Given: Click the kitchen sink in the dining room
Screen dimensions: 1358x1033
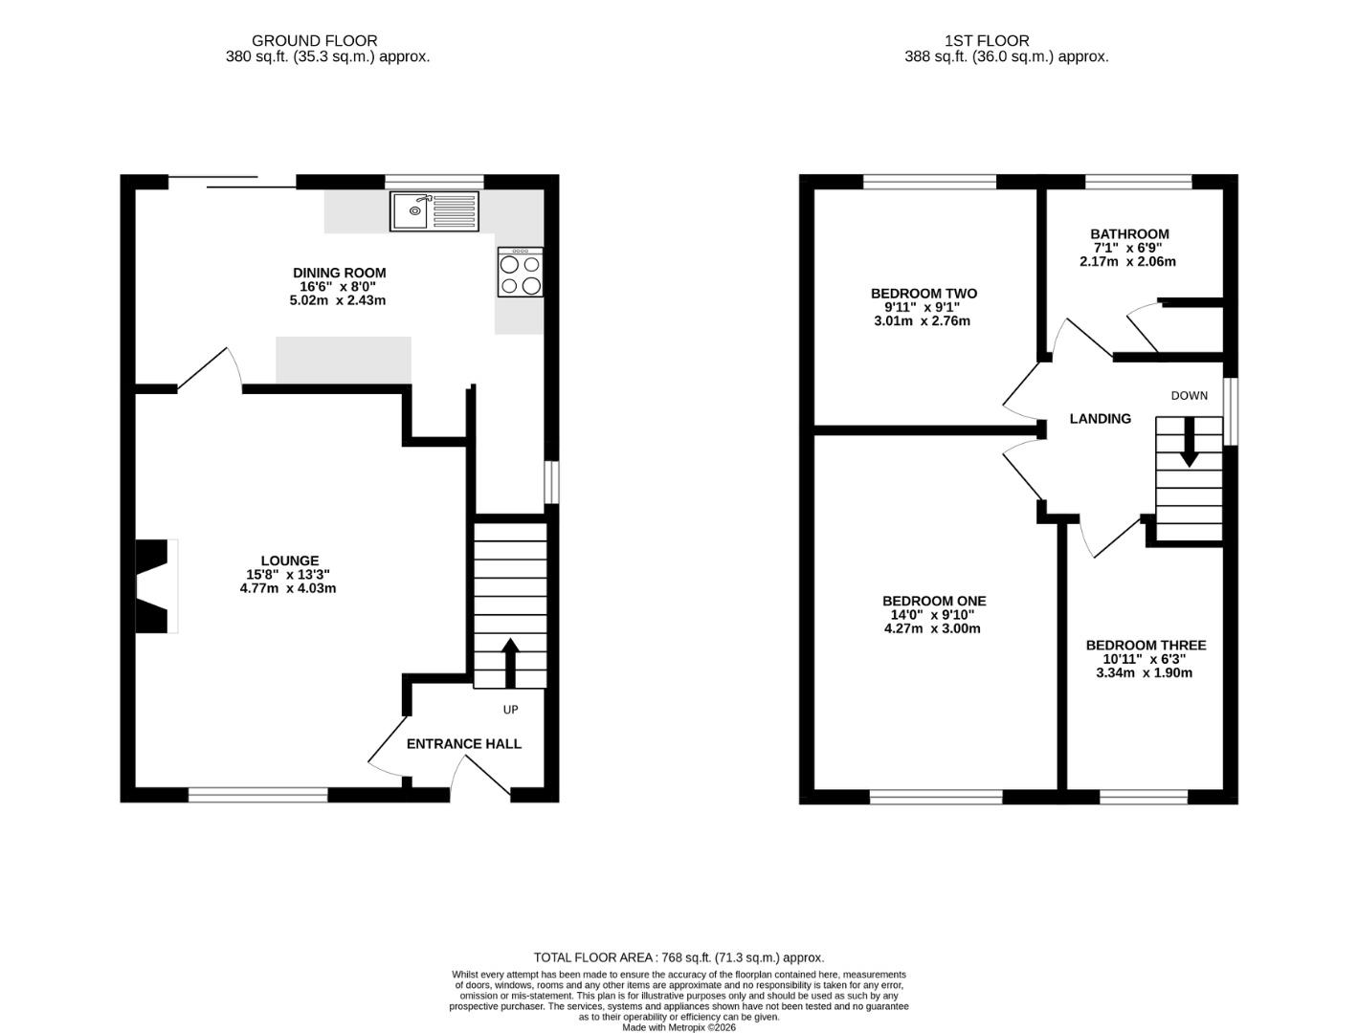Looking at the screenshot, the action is click(434, 211).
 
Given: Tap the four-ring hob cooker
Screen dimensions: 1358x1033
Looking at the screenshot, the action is click(521, 272).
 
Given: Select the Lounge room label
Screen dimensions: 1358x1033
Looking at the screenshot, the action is click(289, 560).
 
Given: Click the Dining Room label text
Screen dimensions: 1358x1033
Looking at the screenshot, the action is click(339, 273).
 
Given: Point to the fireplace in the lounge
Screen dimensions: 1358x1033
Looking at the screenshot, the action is click(155, 586).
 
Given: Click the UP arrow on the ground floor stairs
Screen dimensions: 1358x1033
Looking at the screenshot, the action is click(510, 664).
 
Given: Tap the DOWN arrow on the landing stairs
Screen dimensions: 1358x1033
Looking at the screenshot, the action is click(1190, 442).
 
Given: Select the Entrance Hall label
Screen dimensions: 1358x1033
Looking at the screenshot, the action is click(463, 744).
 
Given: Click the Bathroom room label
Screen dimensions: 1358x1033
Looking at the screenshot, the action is click(1129, 234).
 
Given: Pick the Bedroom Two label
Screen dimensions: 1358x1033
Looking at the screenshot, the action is click(924, 294).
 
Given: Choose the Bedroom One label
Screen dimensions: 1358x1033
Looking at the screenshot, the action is click(934, 601).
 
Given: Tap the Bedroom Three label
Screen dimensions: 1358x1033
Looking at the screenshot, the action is click(1146, 646).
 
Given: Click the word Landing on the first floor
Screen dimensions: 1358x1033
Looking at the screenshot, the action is click(1100, 419).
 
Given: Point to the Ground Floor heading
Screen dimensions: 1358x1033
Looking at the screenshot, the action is click(314, 41).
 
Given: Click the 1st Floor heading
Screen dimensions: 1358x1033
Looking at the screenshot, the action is click(987, 41).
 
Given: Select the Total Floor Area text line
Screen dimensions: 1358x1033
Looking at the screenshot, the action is click(679, 957).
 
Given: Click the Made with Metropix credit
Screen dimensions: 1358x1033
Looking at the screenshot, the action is click(679, 1027).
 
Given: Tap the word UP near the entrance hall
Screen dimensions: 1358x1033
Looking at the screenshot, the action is click(510, 710).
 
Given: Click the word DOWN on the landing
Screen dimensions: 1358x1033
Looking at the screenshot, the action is click(1190, 396).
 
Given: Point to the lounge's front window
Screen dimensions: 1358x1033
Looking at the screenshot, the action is click(258, 795).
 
